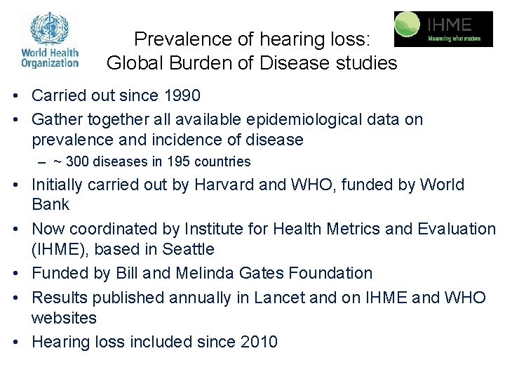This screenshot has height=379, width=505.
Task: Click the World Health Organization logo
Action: coord(50,40)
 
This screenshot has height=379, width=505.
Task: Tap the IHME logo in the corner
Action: coord(443,29)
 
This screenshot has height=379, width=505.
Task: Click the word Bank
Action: coord(50,205)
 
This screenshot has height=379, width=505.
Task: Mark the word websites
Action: coord(64,318)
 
